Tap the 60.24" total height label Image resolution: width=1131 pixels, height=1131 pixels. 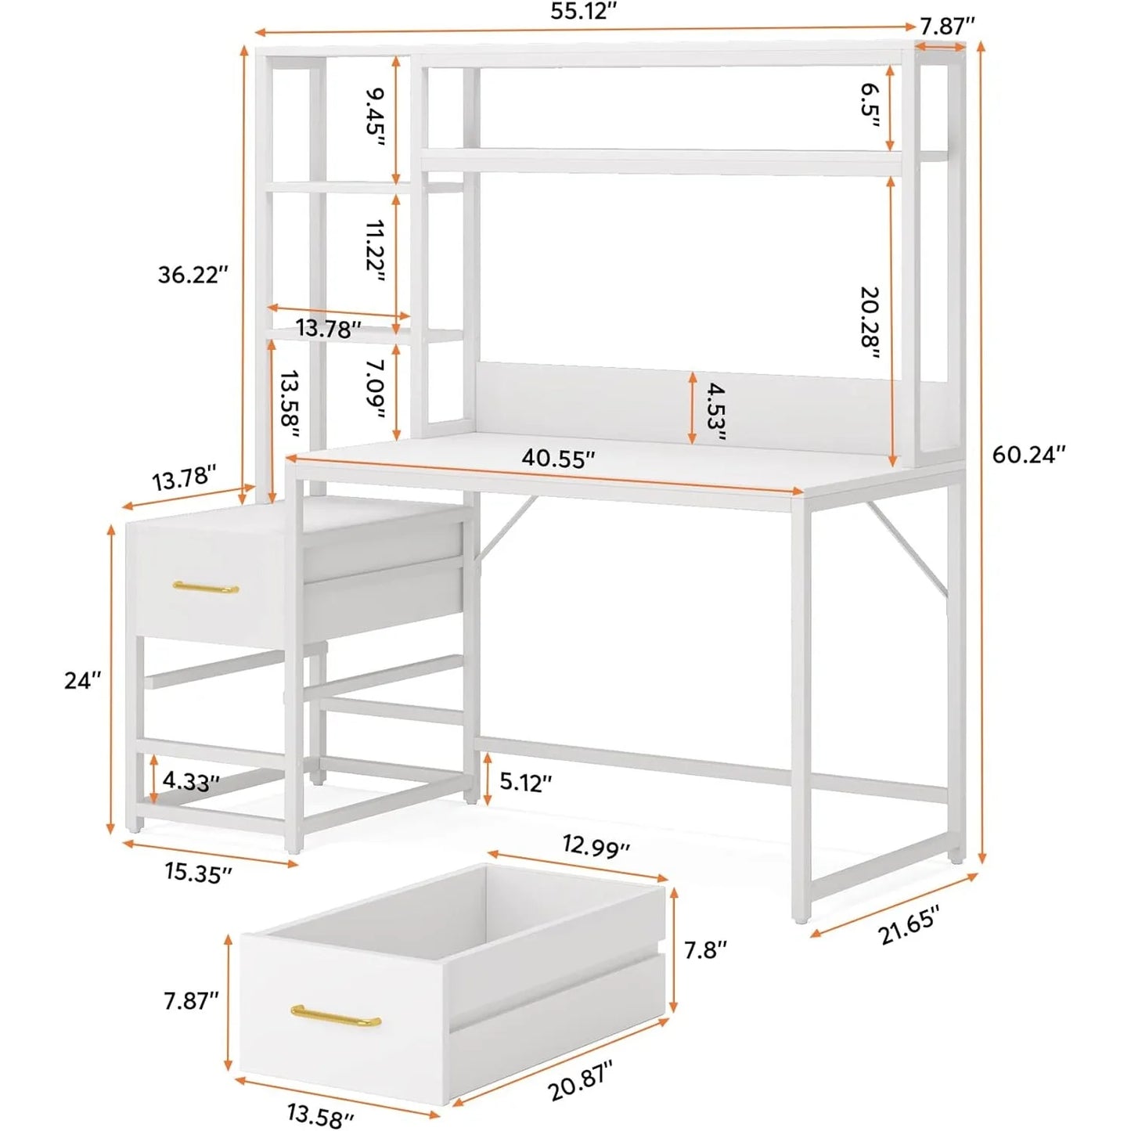pyautogui.click(x=1028, y=454)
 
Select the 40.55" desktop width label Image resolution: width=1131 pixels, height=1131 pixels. pyautogui.click(x=558, y=459)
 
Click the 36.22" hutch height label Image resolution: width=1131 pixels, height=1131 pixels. pyautogui.click(x=193, y=275)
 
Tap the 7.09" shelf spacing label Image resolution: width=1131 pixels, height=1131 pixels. pyautogui.click(x=376, y=389)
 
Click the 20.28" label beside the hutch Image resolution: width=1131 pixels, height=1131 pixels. pyautogui.click(x=870, y=322)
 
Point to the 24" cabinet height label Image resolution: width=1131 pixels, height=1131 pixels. pyautogui.click(x=83, y=680)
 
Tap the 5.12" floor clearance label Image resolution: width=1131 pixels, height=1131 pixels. pyautogui.click(x=525, y=782)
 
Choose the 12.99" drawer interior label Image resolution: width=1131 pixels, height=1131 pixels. pyautogui.click(x=596, y=846)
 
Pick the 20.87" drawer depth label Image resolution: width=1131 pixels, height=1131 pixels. pyautogui.click(x=580, y=1080)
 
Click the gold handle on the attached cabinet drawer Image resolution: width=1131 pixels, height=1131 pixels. pyautogui.click(x=206, y=587)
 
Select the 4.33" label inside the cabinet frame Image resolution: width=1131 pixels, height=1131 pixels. pyautogui.click(x=191, y=780)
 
